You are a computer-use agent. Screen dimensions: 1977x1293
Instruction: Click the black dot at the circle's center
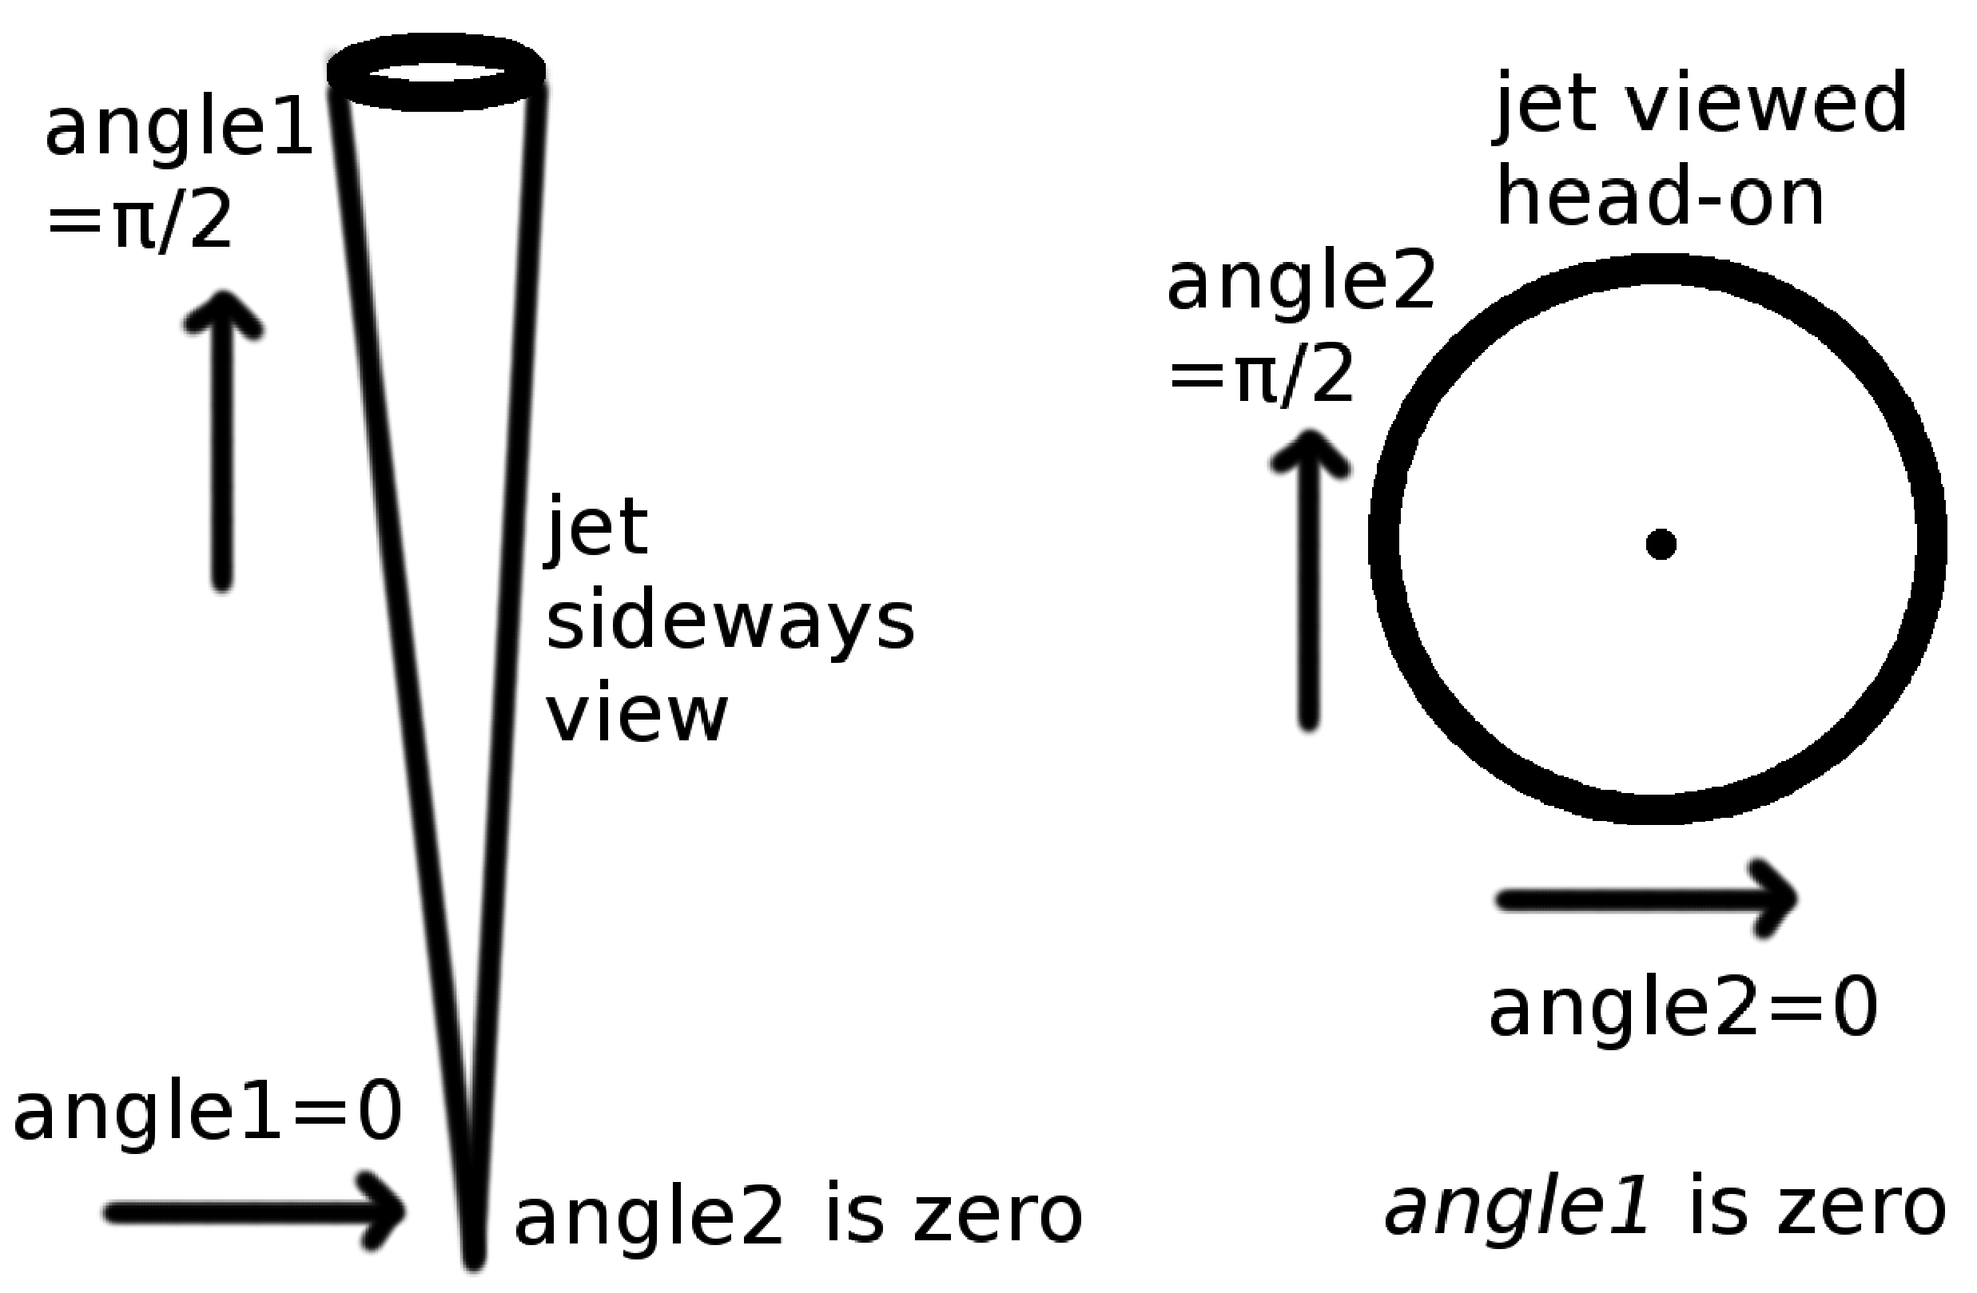click(1661, 545)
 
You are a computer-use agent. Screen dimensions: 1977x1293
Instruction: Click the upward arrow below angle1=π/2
click(222, 440)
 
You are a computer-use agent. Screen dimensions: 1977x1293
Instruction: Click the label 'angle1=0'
click(208, 1114)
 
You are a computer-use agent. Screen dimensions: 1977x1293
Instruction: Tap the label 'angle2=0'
click(1683, 1009)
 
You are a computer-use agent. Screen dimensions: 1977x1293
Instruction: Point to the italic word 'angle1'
click(1516, 1208)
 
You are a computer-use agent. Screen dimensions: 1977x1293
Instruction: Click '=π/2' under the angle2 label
click(1261, 377)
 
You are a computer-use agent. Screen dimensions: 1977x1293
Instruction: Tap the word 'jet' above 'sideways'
click(596, 527)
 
